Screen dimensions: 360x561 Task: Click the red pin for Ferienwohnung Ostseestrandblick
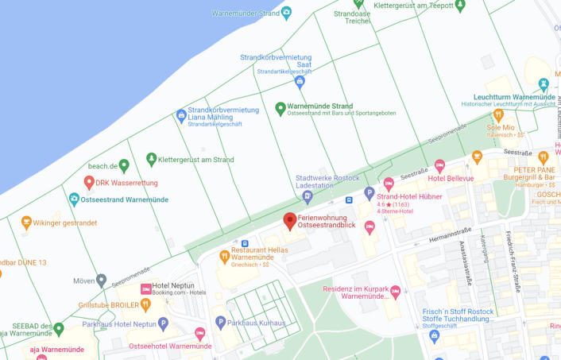pos(290,220)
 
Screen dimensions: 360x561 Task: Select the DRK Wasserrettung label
pos(127,183)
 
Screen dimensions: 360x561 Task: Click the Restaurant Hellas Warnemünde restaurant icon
pos(225,256)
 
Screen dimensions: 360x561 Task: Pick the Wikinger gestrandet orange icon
pos(26,223)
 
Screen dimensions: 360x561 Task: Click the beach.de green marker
pos(123,166)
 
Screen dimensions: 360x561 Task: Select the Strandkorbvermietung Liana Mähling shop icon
pos(181,115)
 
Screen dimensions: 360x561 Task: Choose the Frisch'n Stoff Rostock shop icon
pos(434,335)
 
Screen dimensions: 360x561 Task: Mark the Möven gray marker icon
pos(101,281)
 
